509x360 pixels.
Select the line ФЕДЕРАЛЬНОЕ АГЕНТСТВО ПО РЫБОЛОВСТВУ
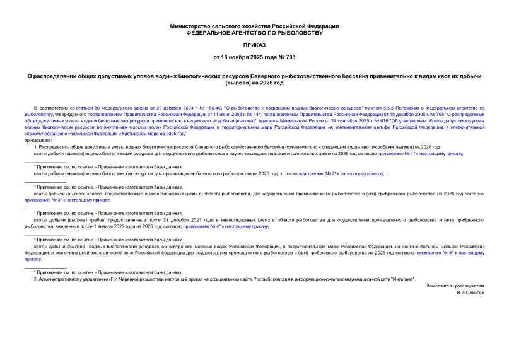(254, 32)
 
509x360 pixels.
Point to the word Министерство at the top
(190, 26)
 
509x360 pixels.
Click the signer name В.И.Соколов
(470, 293)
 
